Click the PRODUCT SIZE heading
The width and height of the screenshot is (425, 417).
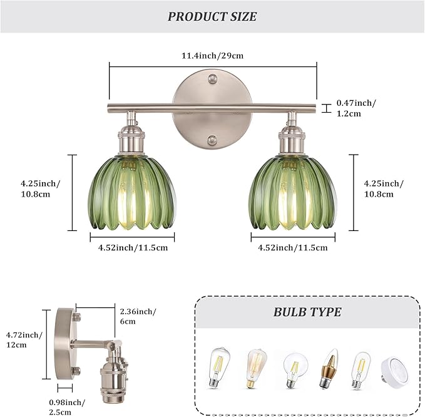pos(212,17)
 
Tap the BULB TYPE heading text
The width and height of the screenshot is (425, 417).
pos(307,312)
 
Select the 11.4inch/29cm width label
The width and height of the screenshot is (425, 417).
pos(213,56)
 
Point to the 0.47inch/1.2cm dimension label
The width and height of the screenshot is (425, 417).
pos(357,108)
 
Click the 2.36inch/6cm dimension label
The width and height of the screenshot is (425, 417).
pos(137,316)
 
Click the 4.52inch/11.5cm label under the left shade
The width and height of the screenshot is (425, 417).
pos(133,247)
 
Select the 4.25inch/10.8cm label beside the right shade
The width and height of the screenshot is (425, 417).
pos(384,188)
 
